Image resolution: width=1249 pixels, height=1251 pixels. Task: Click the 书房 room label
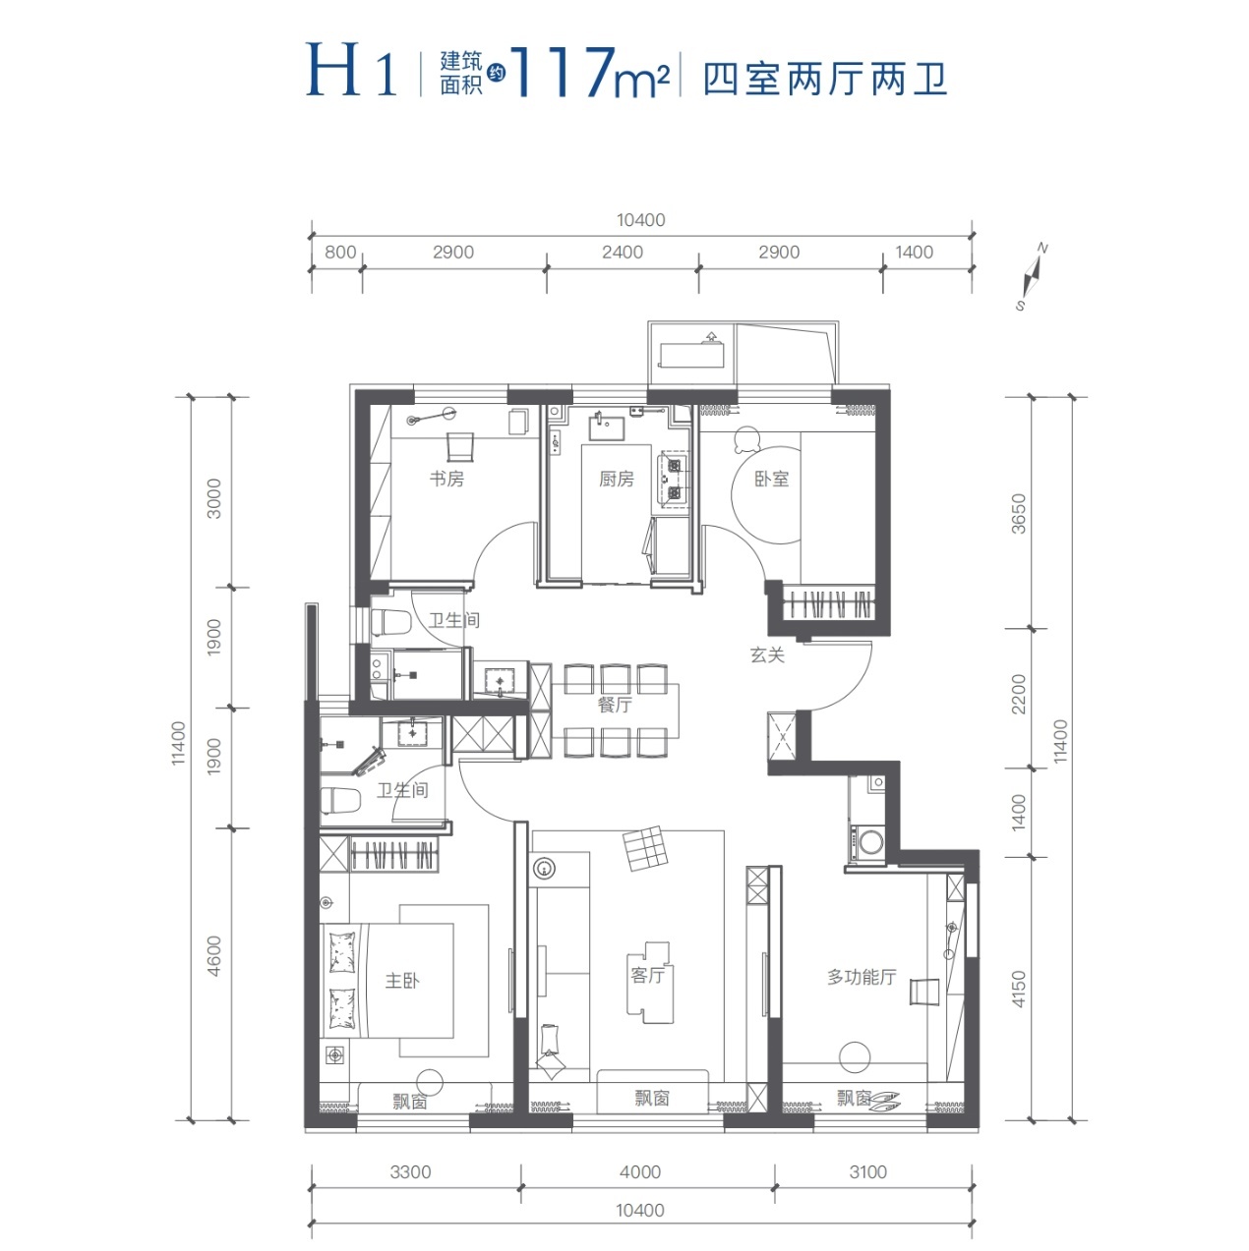[446, 480]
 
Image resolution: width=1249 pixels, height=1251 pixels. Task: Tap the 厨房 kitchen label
[617, 480]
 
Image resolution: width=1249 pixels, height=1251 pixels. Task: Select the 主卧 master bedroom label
[402, 981]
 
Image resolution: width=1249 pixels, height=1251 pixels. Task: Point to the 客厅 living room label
[648, 976]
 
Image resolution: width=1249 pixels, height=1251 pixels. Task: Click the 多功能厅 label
[862, 977]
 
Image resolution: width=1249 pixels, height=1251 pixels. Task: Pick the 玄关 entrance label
[767, 655]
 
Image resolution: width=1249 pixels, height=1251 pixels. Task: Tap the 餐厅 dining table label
[615, 706]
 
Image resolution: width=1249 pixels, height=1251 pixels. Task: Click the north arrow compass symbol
[1032, 276]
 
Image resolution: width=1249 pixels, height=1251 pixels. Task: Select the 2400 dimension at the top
[623, 253]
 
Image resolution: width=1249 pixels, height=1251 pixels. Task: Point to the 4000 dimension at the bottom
[640, 1172]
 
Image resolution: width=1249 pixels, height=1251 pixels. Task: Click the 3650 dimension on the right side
[1019, 513]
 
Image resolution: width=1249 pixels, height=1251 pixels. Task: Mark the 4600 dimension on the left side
[214, 955]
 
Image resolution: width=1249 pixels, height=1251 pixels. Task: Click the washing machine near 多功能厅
[870, 840]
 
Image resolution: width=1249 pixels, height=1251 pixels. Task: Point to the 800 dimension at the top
[340, 253]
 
